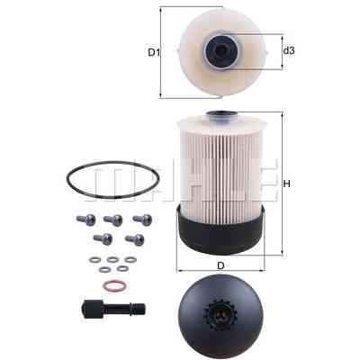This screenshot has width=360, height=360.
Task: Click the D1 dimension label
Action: pos(154,53)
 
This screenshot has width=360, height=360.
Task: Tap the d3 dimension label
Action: pos(289,51)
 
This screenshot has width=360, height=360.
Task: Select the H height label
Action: pos(287,184)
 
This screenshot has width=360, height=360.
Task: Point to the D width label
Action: pos(220,265)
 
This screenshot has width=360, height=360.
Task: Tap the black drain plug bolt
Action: pos(113,308)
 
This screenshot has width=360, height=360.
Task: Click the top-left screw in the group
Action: pos(86,220)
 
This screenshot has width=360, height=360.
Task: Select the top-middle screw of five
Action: pos(113,220)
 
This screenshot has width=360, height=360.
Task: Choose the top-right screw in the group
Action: pos(142,220)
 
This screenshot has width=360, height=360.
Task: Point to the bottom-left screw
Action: pos(103,238)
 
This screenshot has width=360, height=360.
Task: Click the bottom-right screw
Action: pos(135,239)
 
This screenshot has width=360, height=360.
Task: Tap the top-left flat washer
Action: pos(95,259)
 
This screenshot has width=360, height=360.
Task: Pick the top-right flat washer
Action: pos(130,259)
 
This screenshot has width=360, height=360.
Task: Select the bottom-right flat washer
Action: pos(122,269)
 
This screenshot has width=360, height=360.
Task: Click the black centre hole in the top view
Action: pos(221,49)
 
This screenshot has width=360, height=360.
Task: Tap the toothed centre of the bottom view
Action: pos(220,313)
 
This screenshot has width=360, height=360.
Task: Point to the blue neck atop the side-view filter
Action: pos(220,117)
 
